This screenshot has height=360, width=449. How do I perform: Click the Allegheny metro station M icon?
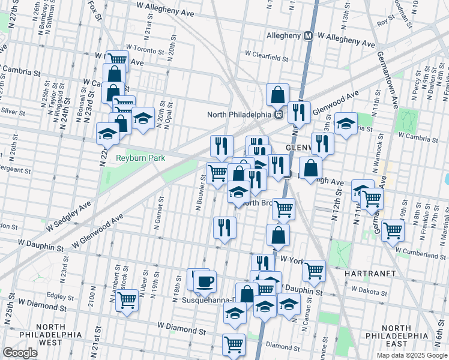tap(309, 36)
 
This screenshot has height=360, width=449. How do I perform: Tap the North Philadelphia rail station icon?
tap(279, 115)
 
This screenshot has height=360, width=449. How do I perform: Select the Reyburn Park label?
tap(141, 157)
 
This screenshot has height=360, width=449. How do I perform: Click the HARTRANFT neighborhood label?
tap(368, 272)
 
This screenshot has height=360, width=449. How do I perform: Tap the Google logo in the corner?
tap(20, 353)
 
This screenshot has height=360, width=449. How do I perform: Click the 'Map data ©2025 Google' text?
tap(412, 355)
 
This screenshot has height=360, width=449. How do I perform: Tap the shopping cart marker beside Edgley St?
tap(127, 299)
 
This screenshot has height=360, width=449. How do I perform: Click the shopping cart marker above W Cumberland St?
tap(393, 230)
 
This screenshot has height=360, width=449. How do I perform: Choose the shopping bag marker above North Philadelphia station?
tap(278, 94)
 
